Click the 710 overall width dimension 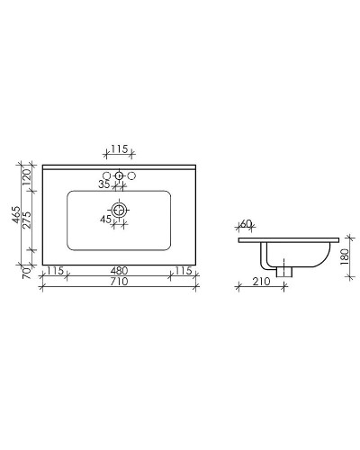tap(118, 282)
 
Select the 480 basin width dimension tap(119, 270)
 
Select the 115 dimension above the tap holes tap(119, 149)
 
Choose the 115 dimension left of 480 tap(55, 270)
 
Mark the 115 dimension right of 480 tap(183, 270)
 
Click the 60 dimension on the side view tap(247, 224)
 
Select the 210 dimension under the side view tap(261, 282)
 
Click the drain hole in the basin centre tap(119, 212)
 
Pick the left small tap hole tap(106, 175)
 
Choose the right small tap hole tap(131, 175)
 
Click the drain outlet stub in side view tap(286, 269)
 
